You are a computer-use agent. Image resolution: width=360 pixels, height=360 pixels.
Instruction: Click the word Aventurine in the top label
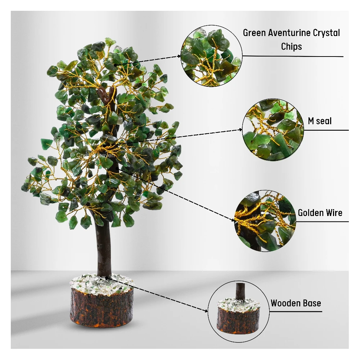point(286,33)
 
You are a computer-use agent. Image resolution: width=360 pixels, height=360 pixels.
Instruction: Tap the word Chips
point(291,46)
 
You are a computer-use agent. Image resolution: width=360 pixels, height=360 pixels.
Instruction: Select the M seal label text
point(320,121)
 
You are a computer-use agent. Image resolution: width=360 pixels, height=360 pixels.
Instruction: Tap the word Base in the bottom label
point(312,303)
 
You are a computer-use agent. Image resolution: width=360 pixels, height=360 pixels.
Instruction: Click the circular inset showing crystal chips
point(211,56)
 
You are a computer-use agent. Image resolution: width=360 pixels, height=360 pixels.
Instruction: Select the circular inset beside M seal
point(273,130)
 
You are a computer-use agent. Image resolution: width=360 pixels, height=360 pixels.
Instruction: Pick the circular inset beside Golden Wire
point(265,221)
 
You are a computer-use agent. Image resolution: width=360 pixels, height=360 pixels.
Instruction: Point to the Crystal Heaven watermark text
point(93,156)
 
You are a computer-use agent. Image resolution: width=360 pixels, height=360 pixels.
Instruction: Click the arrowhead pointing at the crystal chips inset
point(179,56)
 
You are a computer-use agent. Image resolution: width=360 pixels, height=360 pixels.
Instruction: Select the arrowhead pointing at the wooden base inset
point(206,311)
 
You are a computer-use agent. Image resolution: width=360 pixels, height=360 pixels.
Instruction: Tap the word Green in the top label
point(254,33)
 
